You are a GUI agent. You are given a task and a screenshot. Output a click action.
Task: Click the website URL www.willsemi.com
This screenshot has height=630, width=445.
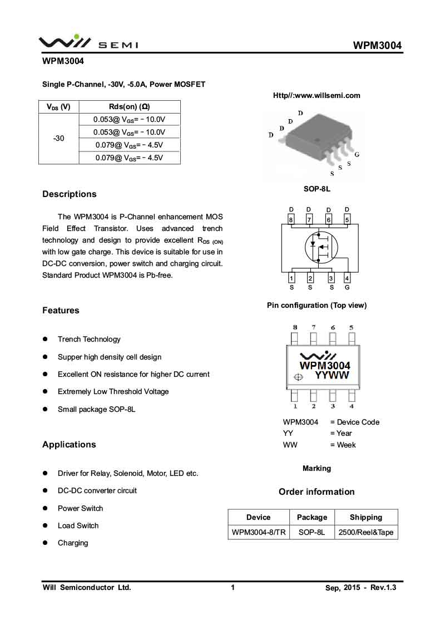point(317,95)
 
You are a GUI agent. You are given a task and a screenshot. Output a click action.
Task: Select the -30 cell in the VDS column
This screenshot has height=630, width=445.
point(58,138)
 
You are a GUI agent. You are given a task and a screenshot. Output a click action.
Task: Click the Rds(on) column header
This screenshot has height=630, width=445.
point(129,107)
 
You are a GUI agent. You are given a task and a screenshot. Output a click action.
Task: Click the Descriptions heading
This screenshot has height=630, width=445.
point(69,194)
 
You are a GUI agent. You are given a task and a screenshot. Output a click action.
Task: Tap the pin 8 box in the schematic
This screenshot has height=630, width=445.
point(291,220)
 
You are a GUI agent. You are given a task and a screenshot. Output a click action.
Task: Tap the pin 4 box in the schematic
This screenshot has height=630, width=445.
point(347,278)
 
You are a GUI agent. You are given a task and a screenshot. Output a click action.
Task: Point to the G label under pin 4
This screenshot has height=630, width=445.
point(347,287)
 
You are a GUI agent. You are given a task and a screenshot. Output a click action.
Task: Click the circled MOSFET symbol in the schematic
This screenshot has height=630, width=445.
point(319,247)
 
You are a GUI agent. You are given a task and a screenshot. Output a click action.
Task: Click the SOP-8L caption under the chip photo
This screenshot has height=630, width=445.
point(317,189)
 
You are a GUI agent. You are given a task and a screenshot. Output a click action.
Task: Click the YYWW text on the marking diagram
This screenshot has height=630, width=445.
point(332,376)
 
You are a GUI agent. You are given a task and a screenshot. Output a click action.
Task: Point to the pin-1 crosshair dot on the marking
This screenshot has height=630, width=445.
point(298,377)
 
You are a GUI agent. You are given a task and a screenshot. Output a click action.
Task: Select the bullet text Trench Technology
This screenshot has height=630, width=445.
point(89,339)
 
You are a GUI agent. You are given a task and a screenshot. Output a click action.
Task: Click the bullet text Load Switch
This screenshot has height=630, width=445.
point(78,525)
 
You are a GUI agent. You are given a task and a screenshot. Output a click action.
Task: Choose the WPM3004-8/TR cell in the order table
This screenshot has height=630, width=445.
point(259,532)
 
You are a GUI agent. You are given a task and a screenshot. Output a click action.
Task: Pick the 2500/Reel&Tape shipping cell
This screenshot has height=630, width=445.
point(366,532)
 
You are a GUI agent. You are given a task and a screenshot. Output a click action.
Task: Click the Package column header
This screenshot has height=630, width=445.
point(312,517)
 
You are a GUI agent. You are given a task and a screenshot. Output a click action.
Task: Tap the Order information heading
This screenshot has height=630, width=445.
point(317,492)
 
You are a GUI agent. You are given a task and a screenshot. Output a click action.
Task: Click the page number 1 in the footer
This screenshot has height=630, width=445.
point(233,587)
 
